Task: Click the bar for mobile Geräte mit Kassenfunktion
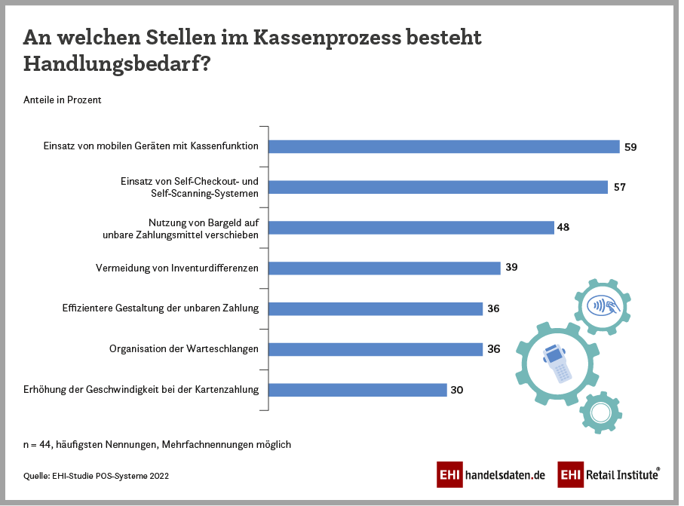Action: coord(443,147)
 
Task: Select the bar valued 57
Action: coord(437,187)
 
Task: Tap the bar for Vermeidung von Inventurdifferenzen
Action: coord(384,268)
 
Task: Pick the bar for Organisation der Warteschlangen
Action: coord(375,349)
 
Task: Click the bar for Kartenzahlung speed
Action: coord(357,390)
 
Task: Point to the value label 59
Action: coord(630,147)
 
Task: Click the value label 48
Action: coord(563,227)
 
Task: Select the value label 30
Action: coord(456,390)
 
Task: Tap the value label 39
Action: coord(511,268)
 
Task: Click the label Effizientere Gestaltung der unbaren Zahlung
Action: coord(161,308)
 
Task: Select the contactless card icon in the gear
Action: coord(601,305)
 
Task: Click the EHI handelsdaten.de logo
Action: coord(491,474)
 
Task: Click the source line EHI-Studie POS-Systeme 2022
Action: coord(96,476)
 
